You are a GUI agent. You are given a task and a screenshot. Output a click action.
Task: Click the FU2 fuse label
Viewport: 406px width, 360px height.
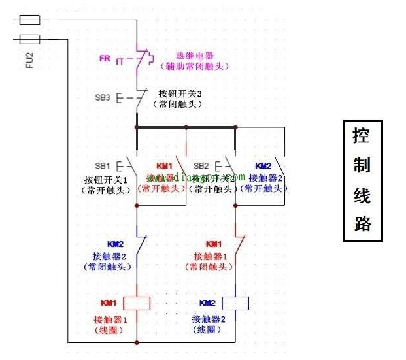pos(29,61)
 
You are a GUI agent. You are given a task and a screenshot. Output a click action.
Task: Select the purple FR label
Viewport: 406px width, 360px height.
pos(105,58)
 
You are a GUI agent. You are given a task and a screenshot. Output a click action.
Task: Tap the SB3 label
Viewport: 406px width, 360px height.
pos(103,98)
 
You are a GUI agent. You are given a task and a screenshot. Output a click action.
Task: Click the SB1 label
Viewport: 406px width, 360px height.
pos(103,165)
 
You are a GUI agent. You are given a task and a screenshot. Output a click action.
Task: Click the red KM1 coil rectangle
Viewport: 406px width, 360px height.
pos(137,303)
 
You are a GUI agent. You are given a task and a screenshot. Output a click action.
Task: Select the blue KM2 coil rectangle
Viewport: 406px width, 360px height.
pos(235,303)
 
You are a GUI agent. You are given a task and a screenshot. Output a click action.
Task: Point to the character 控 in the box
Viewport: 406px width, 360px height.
pos(362,136)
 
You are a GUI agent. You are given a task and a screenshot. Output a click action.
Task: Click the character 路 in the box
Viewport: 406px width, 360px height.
pos(362,223)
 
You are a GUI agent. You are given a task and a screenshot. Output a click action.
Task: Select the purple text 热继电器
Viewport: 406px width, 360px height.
pos(194,56)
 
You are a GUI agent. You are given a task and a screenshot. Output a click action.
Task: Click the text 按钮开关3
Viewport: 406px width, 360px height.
pos(176,93)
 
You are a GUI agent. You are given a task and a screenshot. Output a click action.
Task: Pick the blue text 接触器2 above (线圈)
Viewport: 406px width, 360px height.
pos(208,319)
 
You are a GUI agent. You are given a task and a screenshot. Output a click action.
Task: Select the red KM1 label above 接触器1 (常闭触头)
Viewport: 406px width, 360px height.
pos(214,244)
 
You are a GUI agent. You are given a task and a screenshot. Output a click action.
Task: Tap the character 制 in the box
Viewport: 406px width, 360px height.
pos(362,165)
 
